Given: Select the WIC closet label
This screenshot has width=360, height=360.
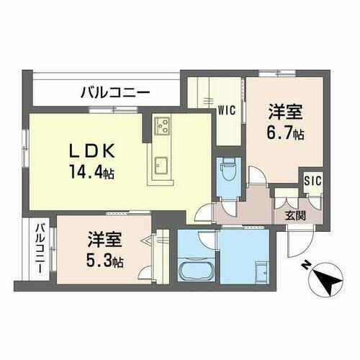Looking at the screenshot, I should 227,110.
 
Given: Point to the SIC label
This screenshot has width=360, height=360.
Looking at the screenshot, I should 312,181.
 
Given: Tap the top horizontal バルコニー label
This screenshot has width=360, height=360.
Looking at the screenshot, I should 114,91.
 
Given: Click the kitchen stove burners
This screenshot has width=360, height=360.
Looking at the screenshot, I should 162,127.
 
